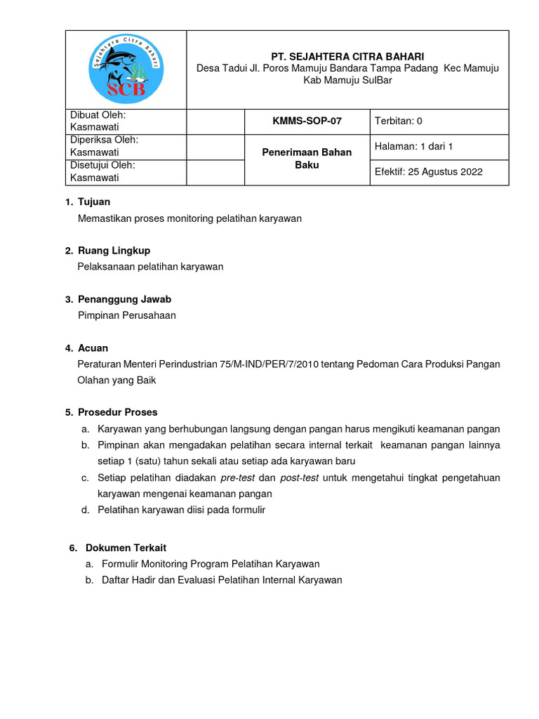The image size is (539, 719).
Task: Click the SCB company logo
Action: tap(126, 70)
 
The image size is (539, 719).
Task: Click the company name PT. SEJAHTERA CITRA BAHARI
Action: tap(347, 56)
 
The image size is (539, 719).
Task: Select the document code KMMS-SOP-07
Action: tap(307, 121)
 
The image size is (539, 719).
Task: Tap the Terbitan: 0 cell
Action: tap(399, 121)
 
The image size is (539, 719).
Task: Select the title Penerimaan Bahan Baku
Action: tap(307, 159)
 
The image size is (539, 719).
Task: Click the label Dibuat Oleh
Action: tap(98, 115)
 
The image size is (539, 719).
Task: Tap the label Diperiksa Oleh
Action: tap(103, 140)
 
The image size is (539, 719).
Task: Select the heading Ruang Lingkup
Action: tap(114, 250)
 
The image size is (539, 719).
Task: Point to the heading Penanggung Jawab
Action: tap(124, 299)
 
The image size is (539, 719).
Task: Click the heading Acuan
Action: tap(93, 348)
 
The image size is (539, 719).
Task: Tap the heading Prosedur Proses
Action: tap(117, 412)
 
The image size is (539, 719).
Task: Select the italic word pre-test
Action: tap(238, 477)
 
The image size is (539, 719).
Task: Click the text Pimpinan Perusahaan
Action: tap(126, 315)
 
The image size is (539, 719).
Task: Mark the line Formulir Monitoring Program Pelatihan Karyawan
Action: tap(211, 564)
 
